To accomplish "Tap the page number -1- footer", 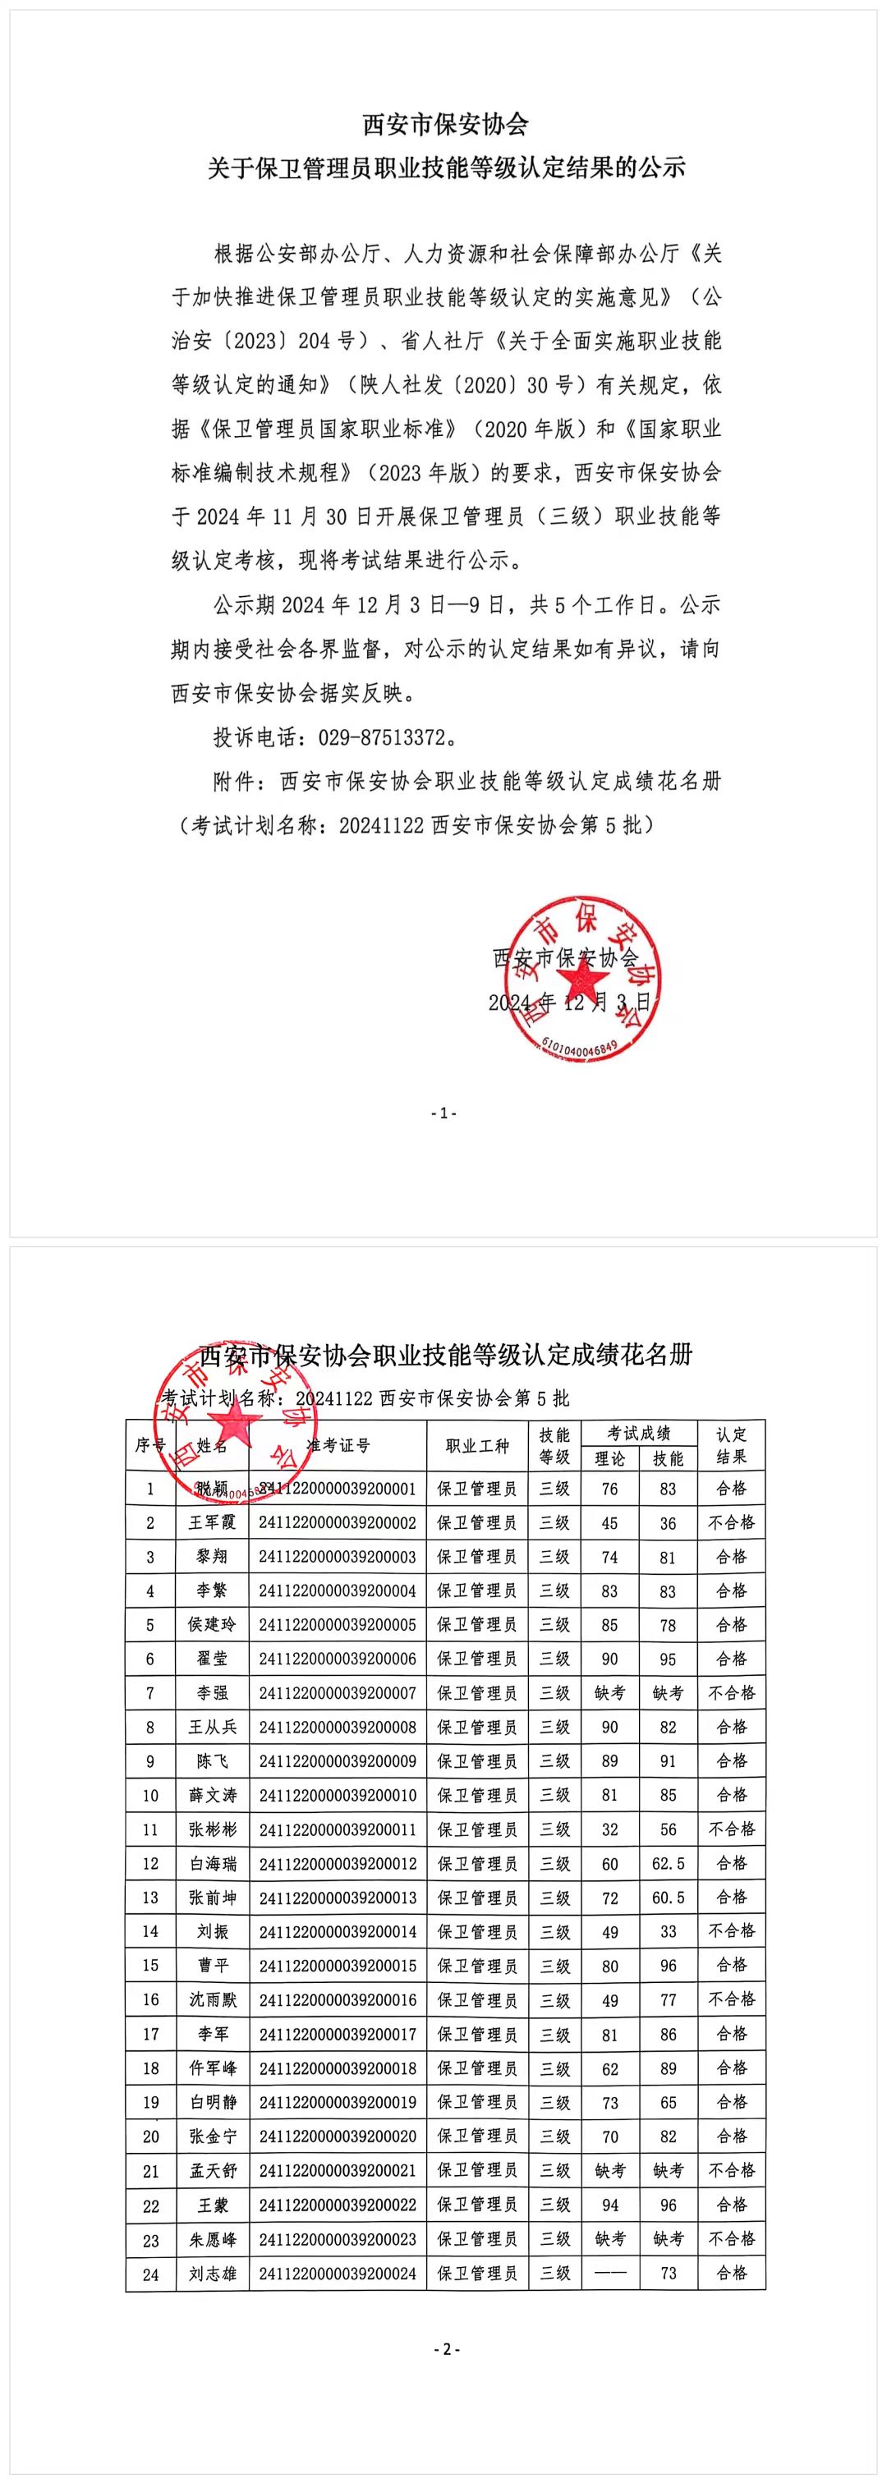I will (x=443, y=1113).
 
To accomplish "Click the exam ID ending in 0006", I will (x=338, y=1659).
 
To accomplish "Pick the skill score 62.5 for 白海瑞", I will (x=669, y=1863).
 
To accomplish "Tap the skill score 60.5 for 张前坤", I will (x=669, y=1897).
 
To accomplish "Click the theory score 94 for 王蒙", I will (x=609, y=2205).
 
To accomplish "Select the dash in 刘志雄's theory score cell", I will (x=609, y=2273).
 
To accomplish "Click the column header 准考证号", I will (x=338, y=1445).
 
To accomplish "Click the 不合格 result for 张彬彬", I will (x=732, y=1829).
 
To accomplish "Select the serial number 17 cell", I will (x=150, y=2034).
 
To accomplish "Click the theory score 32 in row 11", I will (x=609, y=1829).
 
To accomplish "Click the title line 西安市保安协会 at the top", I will (x=445, y=124).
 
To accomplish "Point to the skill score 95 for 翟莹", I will (x=669, y=1659).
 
